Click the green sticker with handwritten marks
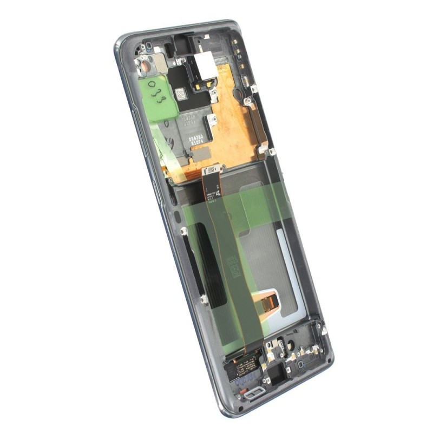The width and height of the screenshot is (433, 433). click(x=156, y=98)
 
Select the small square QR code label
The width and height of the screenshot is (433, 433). click(x=180, y=94)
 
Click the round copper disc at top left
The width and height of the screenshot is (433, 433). click(x=146, y=68)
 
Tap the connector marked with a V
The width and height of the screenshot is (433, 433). click(x=212, y=172)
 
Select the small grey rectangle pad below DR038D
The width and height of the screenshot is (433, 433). click(x=201, y=154)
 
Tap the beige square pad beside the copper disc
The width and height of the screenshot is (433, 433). click(x=161, y=63)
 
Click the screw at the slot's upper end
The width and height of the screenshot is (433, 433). click(x=183, y=232)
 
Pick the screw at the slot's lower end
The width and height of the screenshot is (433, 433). click(x=204, y=298)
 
